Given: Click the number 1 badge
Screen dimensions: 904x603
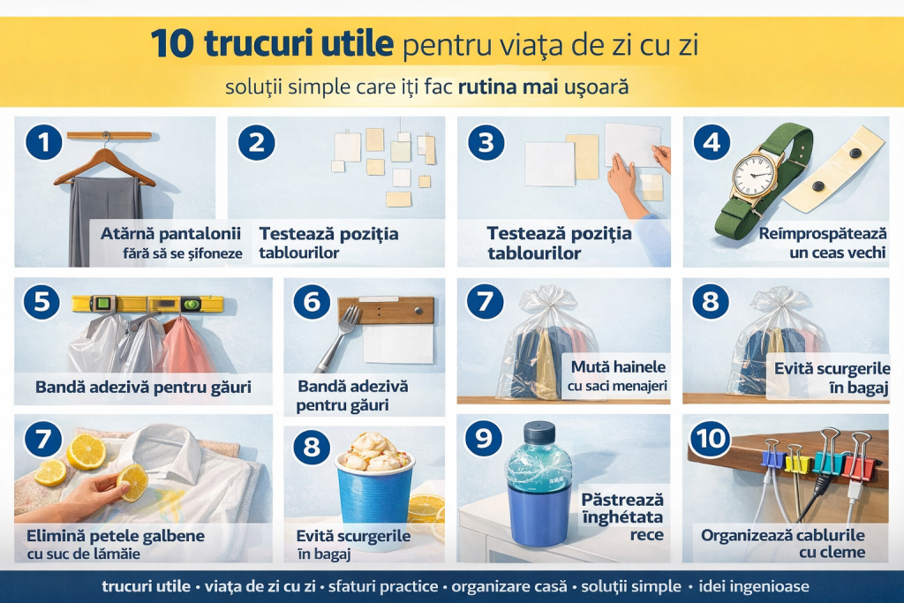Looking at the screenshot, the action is [44, 142].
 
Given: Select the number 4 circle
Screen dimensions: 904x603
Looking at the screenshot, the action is [712, 142].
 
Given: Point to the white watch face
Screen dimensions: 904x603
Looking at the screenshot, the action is [753, 175].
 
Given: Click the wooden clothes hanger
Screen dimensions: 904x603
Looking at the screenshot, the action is [105, 164].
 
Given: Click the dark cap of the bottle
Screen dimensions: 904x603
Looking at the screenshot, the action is [539, 432].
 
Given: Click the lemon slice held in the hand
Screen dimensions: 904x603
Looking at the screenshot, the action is [133, 482].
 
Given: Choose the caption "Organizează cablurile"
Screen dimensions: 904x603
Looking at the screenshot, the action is [782, 536].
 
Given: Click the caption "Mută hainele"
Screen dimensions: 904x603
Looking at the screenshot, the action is [618, 367].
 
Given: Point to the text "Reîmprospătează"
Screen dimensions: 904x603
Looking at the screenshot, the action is [822, 234].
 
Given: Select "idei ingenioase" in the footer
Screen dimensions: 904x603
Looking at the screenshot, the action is [754, 586].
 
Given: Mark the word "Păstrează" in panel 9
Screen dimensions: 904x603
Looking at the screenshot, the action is [622, 500].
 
